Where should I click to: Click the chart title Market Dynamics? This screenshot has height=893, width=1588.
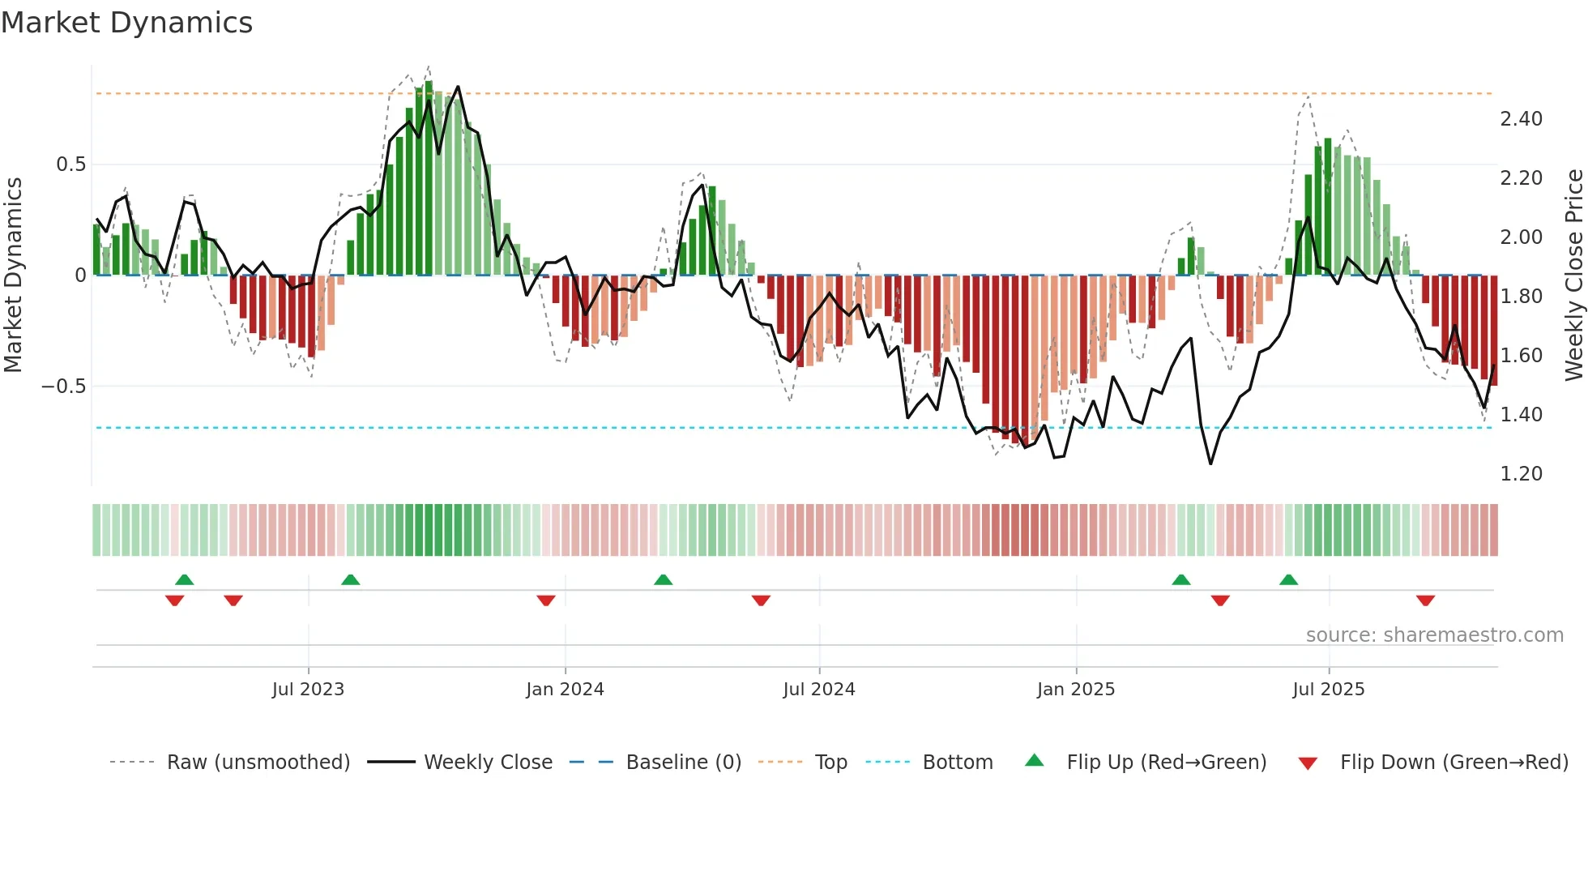click(127, 23)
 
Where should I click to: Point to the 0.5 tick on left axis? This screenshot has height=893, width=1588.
click(70, 164)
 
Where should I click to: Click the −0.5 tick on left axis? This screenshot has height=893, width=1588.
click(64, 386)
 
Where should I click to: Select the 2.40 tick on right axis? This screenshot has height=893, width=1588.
click(1521, 119)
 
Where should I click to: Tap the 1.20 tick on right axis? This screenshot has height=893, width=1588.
click(1521, 474)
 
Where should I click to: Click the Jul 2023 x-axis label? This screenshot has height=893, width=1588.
click(308, 690)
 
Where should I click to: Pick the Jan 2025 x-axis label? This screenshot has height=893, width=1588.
click(1076, 690)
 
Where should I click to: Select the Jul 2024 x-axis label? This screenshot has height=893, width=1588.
click(818, 690)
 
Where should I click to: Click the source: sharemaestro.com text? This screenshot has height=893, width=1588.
click(1434, 635)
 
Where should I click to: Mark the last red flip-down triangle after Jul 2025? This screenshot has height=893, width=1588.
click(1425, 600)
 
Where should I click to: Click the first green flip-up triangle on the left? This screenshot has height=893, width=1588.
click(185, 579)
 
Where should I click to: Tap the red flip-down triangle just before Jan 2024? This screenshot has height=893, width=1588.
click(546, 600)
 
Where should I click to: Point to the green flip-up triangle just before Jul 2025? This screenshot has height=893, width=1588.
click(1288, 579)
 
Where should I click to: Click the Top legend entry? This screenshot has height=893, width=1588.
click(830, 763)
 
